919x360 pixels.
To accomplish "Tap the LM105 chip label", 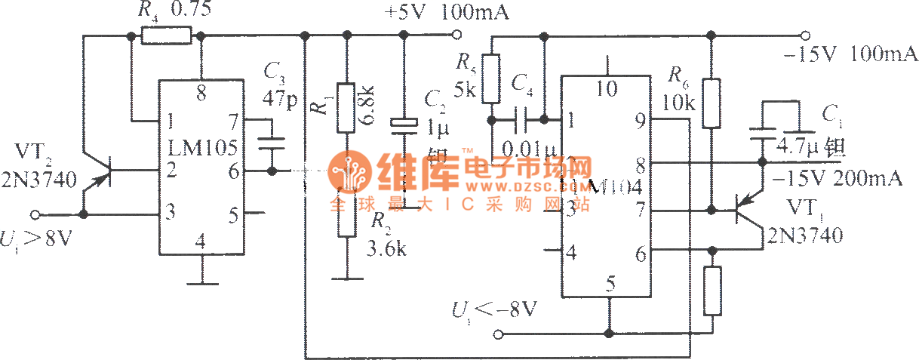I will [200, 141].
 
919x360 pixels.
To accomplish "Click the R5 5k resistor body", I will [491, 78].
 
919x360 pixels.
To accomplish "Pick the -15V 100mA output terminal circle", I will [805, 35].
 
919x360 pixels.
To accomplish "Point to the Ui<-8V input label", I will [490, 311].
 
